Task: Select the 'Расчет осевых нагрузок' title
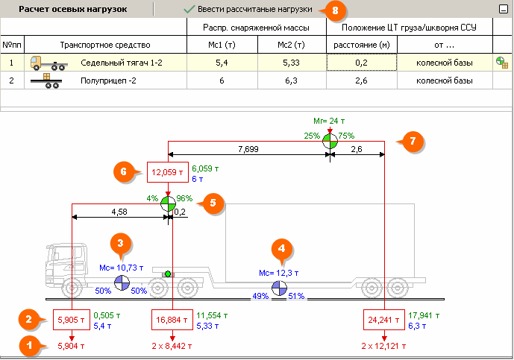pyautogui.click(x=72, y=10)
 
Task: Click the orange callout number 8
pyautogui.click(x=335, y=10)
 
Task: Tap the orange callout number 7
pyautogui.click(x=412, y=142)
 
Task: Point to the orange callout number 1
pyautogui.click(x=29, y=345)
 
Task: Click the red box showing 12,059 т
pyautogui.click(x=167, y=173)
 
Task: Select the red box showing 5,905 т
pyautogui.click(x=72, y=320)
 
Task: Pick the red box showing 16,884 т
pyautogui.click(x=172, y=320)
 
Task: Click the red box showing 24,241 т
pyautogui.click(x=383, y=320)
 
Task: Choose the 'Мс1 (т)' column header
pyautogui.click(x=221, y=45)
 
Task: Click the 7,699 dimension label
pyautogui.click(x=248, y=150)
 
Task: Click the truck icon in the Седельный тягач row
pyautogui.click(x=45, y=63)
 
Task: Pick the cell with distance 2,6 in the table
pyautogui.click(x=362, y=80)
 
